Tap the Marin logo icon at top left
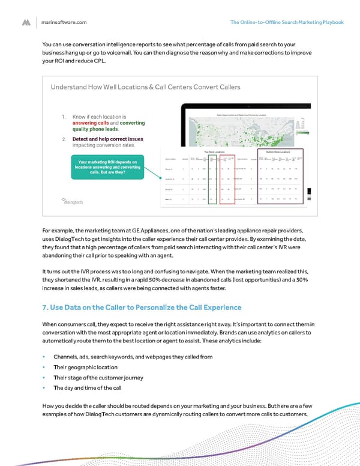click(x=26, y=22)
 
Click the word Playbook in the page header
click(x=331, y=22)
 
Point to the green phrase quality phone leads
click(x=95, y=129)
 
